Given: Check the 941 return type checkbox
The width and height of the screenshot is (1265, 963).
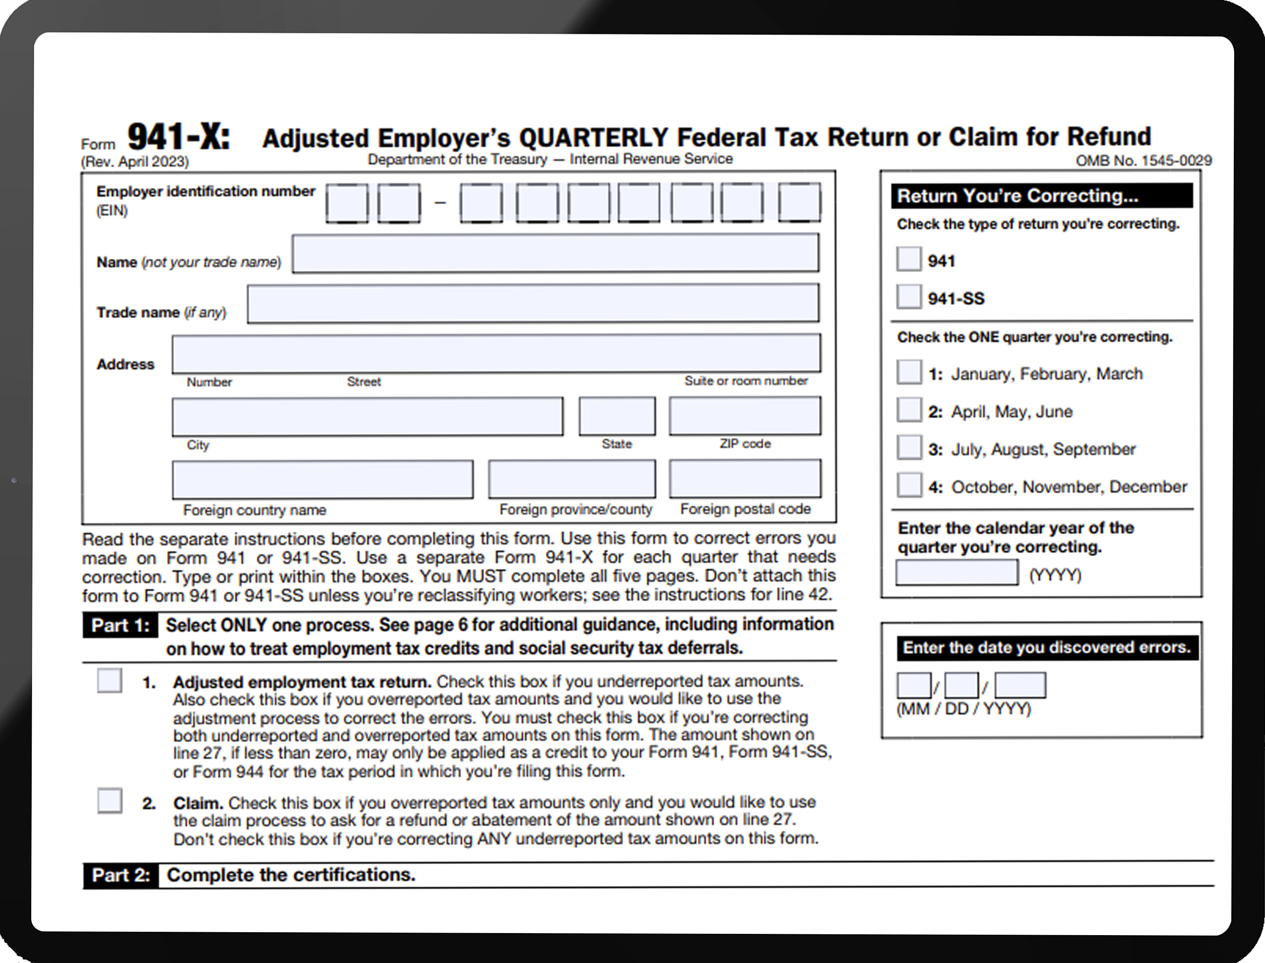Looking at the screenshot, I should [909, 259].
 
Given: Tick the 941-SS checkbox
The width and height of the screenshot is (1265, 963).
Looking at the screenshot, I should [909, 297].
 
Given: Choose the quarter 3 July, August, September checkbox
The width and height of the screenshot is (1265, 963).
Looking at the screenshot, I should [910, 448].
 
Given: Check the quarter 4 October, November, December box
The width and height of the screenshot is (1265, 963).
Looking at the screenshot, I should [910, 485].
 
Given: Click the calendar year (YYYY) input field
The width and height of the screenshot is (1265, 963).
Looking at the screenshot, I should [957, 573].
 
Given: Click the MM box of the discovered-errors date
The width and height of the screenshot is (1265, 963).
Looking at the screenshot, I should [914, 686].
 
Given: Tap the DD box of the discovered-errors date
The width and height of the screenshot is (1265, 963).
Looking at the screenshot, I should [962, 686].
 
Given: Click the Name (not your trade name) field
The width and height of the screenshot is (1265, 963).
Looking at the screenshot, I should [555, 253].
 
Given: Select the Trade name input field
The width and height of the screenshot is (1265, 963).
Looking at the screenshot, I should [533, 304].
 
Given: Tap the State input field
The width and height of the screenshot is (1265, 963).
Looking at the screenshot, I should [617, 416].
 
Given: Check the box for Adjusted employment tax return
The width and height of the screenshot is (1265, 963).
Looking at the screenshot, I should [109, 681].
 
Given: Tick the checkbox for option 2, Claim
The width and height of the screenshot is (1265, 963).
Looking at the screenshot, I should [109, 801].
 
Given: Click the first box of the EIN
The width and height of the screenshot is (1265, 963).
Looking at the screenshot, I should [347, 203].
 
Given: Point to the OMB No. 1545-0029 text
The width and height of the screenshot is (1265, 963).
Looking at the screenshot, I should [1143, 161].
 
